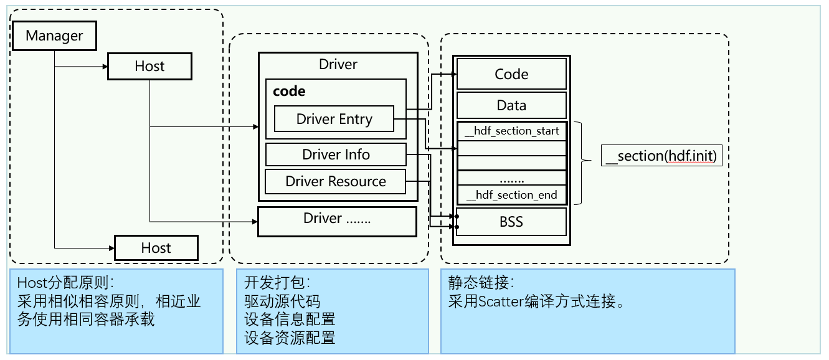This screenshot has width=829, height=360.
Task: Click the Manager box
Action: [x=54, y=36]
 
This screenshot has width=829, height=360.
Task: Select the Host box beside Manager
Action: [x=149, y=66]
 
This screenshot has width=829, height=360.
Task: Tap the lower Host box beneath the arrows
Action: [x=156, y=248]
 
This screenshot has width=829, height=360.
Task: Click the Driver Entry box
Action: [x=334, y=119]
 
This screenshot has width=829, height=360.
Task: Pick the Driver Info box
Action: [x=336, y=154]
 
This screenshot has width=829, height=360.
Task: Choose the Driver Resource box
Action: [x=336, y=181]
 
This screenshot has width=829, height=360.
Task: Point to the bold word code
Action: [x=289, y=91]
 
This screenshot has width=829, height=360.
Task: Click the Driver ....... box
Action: [x=337, y=219]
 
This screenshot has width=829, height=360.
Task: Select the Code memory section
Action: [x=511, y=74]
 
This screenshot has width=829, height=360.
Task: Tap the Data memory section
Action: [x=511, y=105]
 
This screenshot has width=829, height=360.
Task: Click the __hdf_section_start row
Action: [x=512, y=131]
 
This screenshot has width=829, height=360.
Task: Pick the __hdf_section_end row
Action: [x=512, y=195]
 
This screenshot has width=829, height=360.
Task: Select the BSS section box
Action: [x=511, y=222]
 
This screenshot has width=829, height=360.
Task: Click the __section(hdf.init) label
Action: [x=661, y=156]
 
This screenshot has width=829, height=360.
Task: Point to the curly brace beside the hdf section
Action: [x=580, y=161]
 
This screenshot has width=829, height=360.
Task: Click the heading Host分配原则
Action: [x=59, y=283]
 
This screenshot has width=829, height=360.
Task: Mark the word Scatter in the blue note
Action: [x=498, y=301]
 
